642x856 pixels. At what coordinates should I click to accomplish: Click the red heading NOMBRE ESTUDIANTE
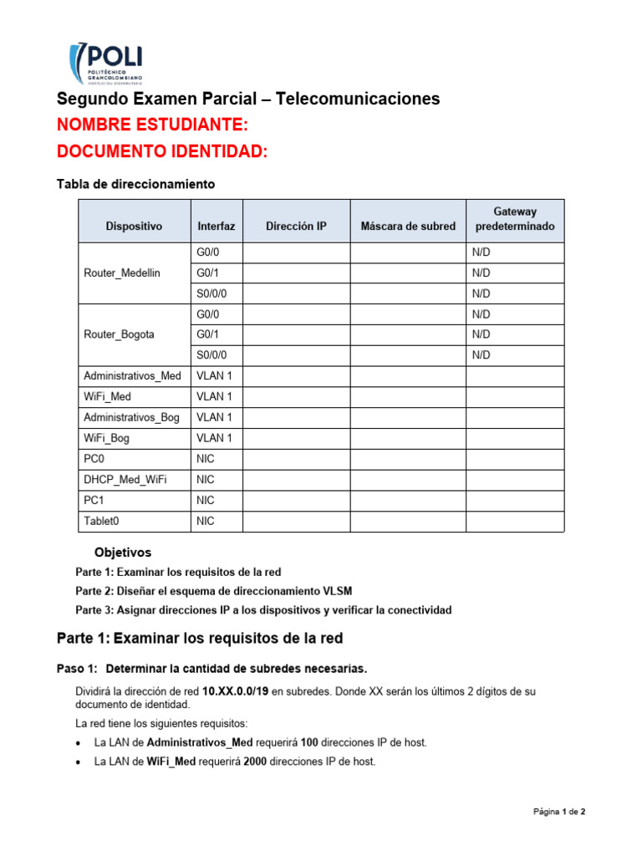152,125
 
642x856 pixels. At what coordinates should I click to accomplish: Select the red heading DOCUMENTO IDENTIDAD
162,152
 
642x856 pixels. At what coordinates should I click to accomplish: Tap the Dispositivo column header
134,226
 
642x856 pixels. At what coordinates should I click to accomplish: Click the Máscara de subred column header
408,226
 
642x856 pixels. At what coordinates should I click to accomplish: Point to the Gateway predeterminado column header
514,219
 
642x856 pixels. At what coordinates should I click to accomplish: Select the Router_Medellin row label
122,273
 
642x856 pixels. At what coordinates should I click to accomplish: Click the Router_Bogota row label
119,334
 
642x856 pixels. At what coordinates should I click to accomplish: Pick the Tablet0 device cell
102,521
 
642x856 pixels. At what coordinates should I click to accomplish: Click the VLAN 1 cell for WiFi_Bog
214,438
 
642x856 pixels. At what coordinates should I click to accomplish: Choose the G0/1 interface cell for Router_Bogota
209,334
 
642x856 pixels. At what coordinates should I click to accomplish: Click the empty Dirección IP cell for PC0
296,459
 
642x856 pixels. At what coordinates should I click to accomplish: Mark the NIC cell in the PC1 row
206,500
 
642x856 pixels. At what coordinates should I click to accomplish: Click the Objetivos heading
123,553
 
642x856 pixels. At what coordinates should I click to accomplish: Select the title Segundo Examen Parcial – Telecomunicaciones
247,99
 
